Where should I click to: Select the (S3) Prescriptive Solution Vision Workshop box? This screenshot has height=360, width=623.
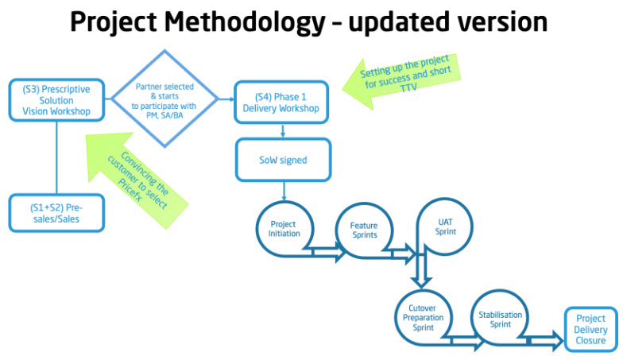tap(56, 101)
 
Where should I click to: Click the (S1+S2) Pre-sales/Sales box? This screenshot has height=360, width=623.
tap(56, 212)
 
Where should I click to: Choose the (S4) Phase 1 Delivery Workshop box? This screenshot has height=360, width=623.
tap(282, 102)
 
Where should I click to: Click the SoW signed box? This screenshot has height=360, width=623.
tap(282, 161)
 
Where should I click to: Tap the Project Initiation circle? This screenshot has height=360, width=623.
tap(283, 230)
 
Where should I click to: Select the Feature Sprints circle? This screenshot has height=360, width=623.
tap(363, 230)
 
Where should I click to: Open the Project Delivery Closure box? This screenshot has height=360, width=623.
tap(590, 330)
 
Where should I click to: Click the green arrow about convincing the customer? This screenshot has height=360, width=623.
tap(140, 172)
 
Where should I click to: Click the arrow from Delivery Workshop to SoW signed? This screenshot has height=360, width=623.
tap(282, 133)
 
